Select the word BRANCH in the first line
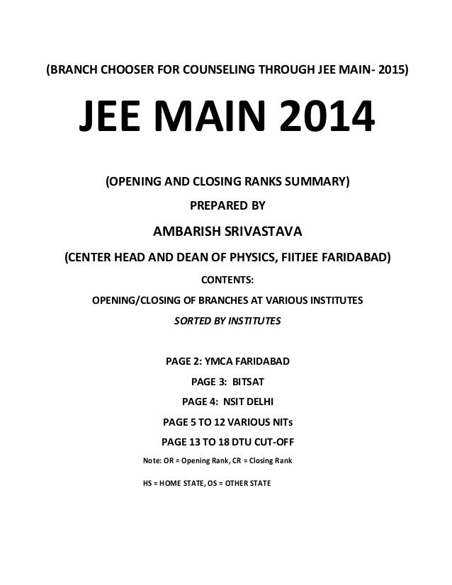[x=72, y=72]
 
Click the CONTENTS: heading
[x=227, y=278]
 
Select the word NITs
[x=277, y=424]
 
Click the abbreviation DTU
[x=236, y=444]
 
